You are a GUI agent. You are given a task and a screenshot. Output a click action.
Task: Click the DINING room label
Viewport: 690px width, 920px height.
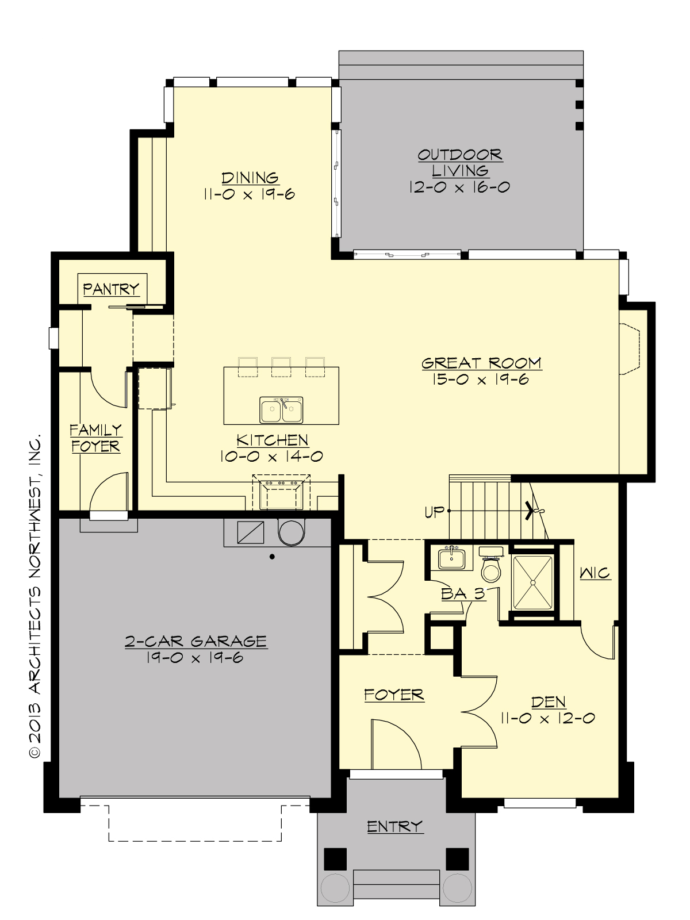point(250,178)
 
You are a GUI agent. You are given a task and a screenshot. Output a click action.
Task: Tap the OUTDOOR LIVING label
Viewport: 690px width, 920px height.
point(460,162)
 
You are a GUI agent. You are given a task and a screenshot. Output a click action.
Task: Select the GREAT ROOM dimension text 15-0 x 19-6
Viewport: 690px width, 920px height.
point(481,379)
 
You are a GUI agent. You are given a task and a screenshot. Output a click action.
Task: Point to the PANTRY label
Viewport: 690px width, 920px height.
point(111,289)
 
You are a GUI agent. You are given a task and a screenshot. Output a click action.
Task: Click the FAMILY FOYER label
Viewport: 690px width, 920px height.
point(95,438)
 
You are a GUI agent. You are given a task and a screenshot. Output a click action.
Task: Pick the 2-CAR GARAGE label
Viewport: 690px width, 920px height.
point(195,641)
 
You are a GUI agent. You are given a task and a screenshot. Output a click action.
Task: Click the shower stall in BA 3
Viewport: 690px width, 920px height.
point(532,582)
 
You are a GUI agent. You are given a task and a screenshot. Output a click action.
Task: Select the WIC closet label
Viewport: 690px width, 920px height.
point(595,573)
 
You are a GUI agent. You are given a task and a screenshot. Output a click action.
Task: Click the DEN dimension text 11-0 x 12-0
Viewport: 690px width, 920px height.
point(547,718)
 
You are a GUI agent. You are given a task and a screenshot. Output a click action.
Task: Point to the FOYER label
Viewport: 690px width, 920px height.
point(394,695)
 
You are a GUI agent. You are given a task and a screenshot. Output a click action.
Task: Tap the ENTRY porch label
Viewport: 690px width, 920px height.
point(395,827)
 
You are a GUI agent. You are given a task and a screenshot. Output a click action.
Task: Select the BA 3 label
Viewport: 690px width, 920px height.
point(463,593)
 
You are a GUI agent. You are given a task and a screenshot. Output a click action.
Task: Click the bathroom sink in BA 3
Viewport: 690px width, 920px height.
point(451,558)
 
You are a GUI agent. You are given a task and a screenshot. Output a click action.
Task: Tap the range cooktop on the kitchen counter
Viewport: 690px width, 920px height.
point(281,493)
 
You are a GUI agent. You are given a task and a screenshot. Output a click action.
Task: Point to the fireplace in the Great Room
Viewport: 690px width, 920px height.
point(630,349)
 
